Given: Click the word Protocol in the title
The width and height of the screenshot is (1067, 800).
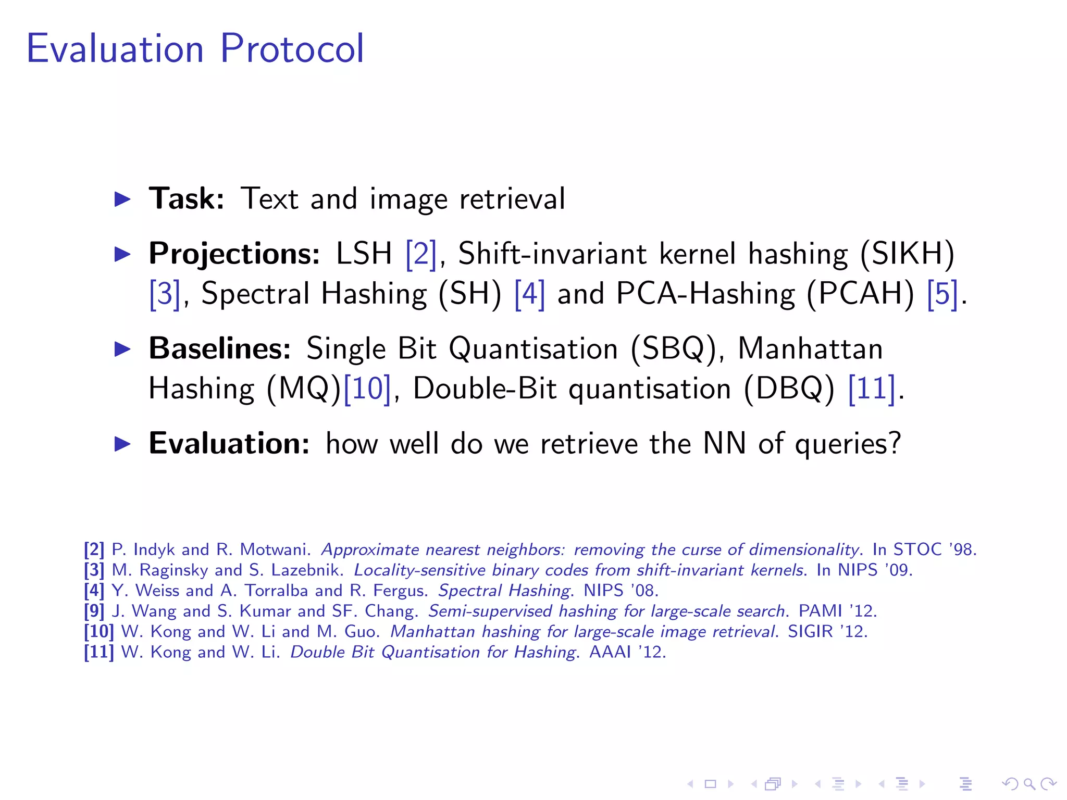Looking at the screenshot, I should [x=292, y=48].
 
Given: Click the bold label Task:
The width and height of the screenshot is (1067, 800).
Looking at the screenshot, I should [x=187, y=198].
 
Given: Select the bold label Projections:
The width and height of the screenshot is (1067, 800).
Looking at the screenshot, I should [x=234, y=254].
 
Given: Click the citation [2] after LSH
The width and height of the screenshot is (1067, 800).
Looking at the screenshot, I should [x=421, y=254].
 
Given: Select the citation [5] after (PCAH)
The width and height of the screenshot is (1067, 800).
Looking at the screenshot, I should [x=942, y=294].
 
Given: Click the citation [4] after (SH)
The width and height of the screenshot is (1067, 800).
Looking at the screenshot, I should [x=529, y=294].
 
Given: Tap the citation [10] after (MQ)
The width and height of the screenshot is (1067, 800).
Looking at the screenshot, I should [x=367, y=389].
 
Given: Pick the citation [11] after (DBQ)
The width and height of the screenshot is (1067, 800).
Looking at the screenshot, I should [x=872, y=389].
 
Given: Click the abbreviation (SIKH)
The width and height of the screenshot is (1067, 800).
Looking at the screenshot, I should [x=907, y=254].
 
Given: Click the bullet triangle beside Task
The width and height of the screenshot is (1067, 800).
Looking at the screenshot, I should [x=122, y=199].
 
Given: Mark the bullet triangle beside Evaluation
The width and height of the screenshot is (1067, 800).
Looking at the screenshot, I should [x=122, y=444].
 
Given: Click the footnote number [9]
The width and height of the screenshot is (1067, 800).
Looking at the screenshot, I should [x=94, y=611].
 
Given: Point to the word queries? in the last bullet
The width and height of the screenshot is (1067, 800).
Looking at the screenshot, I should [x=847, y=444].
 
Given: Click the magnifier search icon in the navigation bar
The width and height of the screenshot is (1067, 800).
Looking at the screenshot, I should [x=1029, y=784].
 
